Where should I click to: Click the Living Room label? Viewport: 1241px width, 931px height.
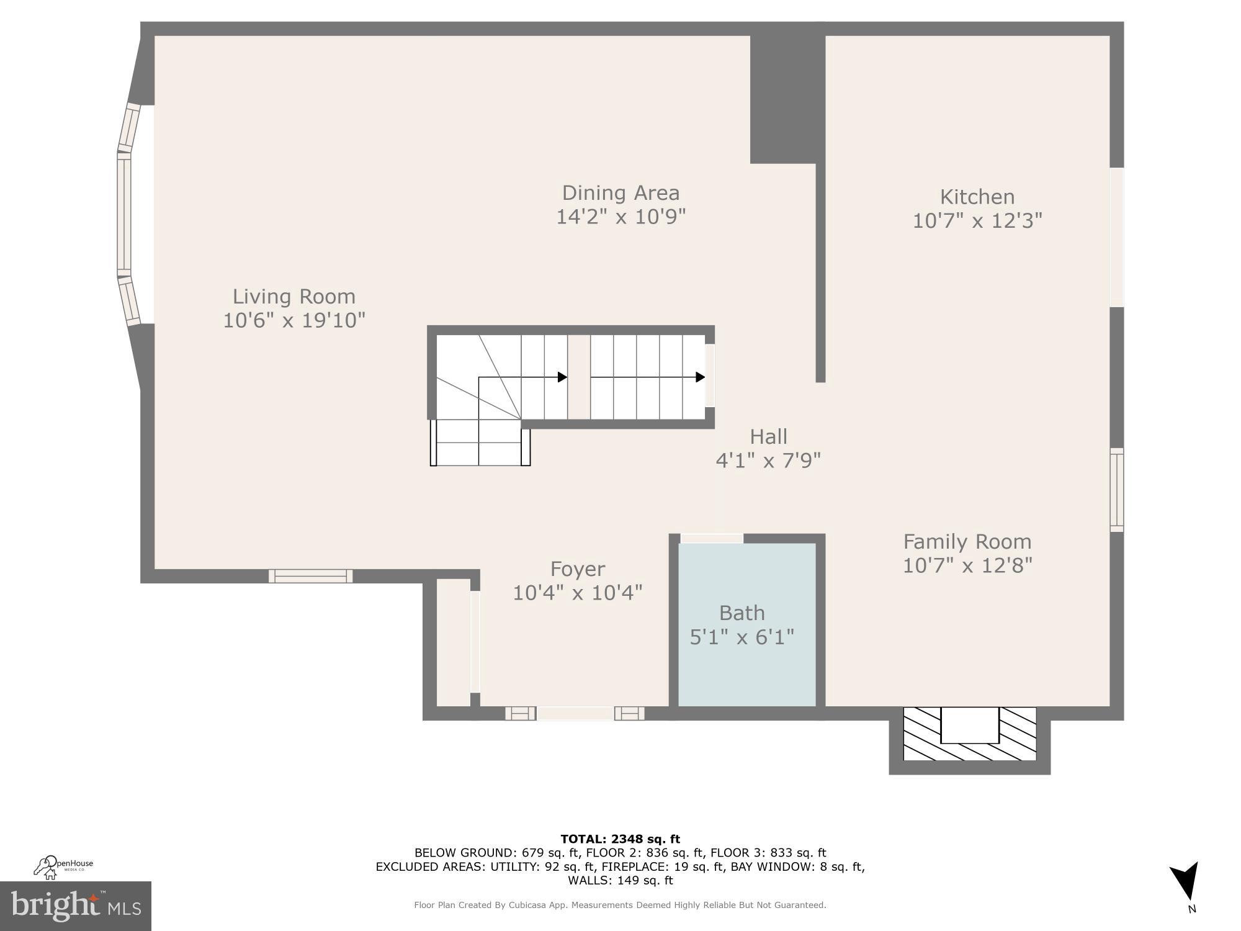[x=293, y=297]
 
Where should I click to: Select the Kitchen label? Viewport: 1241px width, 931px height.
[x=977, y=197]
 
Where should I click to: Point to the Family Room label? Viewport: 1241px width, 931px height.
[x=967, y=542]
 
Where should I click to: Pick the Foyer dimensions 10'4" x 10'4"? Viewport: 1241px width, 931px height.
[x=577, y=593]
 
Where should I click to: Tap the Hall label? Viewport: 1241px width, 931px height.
[x=768, y=437]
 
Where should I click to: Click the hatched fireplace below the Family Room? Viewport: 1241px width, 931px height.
[x=969, y=734]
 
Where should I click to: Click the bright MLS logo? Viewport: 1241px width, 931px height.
[x=75, y=906]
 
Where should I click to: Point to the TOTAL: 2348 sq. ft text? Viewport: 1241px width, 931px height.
[x=620, y=839]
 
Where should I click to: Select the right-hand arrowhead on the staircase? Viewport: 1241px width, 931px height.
[x=700, y=377]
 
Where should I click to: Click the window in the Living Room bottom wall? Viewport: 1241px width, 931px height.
[x=310, y=576]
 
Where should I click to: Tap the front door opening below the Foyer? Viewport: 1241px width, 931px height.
[x=575, y=713]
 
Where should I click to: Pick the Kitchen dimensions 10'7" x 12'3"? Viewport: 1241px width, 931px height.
[x=977, y=221]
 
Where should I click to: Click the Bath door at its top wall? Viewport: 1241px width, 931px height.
[x=711, y=538]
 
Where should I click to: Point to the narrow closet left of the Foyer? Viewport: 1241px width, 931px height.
[x=454, y=642]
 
